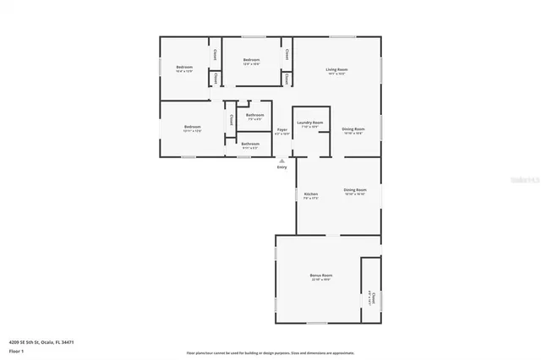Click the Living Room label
(337, 69)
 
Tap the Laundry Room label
(309, 123)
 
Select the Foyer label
(282, 129)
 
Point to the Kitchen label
(310, 195)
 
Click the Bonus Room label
(321, 275)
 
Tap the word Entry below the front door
(282, 166)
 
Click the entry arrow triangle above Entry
(282, 160)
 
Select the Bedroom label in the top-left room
(184, 68)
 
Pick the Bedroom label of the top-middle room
(251, 60)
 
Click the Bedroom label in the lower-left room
(192, 127)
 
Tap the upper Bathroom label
(254, 116)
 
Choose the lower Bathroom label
(250, 144)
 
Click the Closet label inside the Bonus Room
(372, 296)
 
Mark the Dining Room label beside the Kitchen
(355, 190)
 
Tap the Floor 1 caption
(16, 350)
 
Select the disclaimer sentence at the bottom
(270, 352)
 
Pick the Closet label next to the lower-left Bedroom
(231, 120)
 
